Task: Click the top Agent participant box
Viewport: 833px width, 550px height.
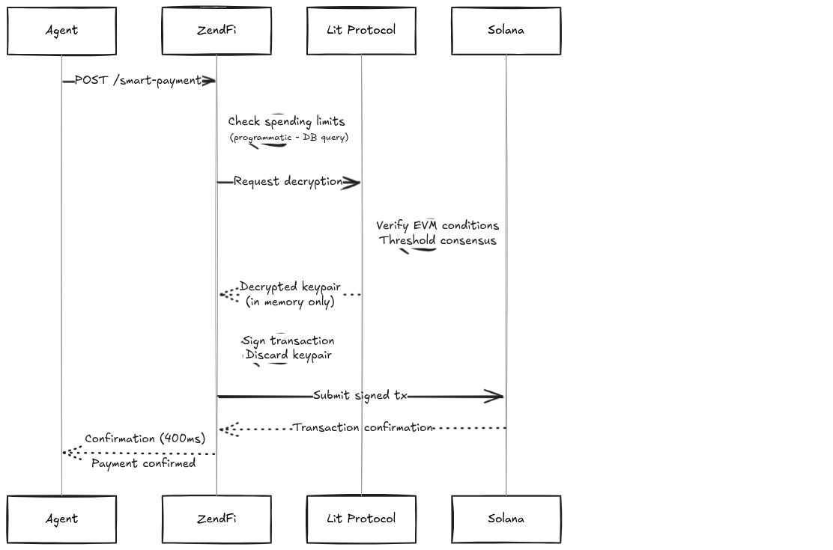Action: [x=61, y=31]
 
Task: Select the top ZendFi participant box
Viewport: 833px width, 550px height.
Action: [x=216, y=31]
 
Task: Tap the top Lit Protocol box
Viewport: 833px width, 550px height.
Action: [x=361, y=31]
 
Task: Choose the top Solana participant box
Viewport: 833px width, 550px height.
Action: [x=506, y=31]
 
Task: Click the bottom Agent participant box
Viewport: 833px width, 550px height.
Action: [x=61, y=519]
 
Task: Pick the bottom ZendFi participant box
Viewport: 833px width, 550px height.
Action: [x=216, y=519]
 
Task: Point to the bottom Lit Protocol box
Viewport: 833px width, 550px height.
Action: [x=361, y=519]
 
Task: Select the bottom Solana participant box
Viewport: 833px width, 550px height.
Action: [x=506, y=519]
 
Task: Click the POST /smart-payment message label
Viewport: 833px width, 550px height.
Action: [x=138, y=81]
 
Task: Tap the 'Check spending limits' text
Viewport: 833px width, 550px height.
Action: [x=286, y=121]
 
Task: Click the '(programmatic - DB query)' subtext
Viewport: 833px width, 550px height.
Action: [x=288, y=138]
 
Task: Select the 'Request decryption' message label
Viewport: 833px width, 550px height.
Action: [x=288, y=182]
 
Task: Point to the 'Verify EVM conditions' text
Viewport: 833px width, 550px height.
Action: [x=437, y=225]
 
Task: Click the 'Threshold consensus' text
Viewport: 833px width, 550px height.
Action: [x=437, y=240]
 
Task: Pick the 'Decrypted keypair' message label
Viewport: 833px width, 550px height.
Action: [x=290, y=287]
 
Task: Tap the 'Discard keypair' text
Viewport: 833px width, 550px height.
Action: [x=288, y=355]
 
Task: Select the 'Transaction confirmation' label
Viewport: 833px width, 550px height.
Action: [x=363, y=428]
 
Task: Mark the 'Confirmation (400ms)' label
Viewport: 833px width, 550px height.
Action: [x=145, y=439]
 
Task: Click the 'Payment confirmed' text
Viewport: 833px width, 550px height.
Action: [x=143, y=464]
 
